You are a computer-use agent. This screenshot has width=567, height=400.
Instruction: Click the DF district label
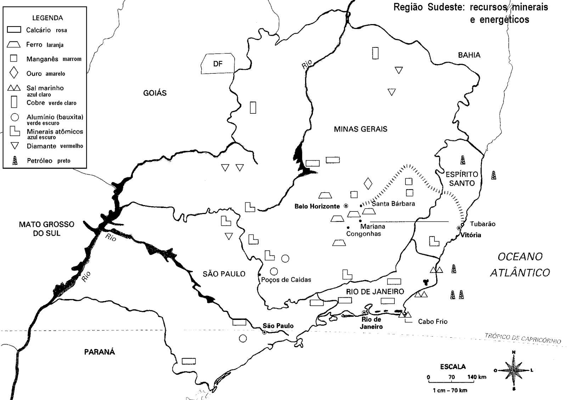[x=218, y=64]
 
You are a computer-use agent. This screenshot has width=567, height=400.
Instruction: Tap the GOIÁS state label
[x=155, y=93]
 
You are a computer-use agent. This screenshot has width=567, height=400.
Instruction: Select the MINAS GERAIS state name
[x=360, y=129]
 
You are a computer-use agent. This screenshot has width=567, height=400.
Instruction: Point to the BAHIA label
[x=469, y=55]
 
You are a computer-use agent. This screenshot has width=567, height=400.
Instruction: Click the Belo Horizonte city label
[x=317, y=206]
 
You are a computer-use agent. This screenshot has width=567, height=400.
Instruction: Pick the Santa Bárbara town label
[x=393, y=204]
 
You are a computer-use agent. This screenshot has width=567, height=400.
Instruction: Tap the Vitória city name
[x=471, y=235]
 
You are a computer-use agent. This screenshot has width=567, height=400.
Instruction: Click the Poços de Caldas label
[x=286, y=280]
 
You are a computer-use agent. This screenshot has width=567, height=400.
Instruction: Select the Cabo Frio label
[x=432, y=322]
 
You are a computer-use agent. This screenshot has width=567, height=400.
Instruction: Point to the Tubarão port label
[x=482, y=224]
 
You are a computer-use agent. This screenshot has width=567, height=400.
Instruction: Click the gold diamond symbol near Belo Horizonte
[x=368, y=183]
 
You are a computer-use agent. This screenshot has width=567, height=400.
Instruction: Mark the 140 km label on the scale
[x=477, y=377]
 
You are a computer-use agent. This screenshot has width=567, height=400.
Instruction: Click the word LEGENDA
[x=47, y=18]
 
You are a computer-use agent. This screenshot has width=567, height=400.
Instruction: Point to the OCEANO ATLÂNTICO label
[x=520, y=264]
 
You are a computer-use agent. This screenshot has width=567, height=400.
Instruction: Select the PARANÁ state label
[x=100, y=352]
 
